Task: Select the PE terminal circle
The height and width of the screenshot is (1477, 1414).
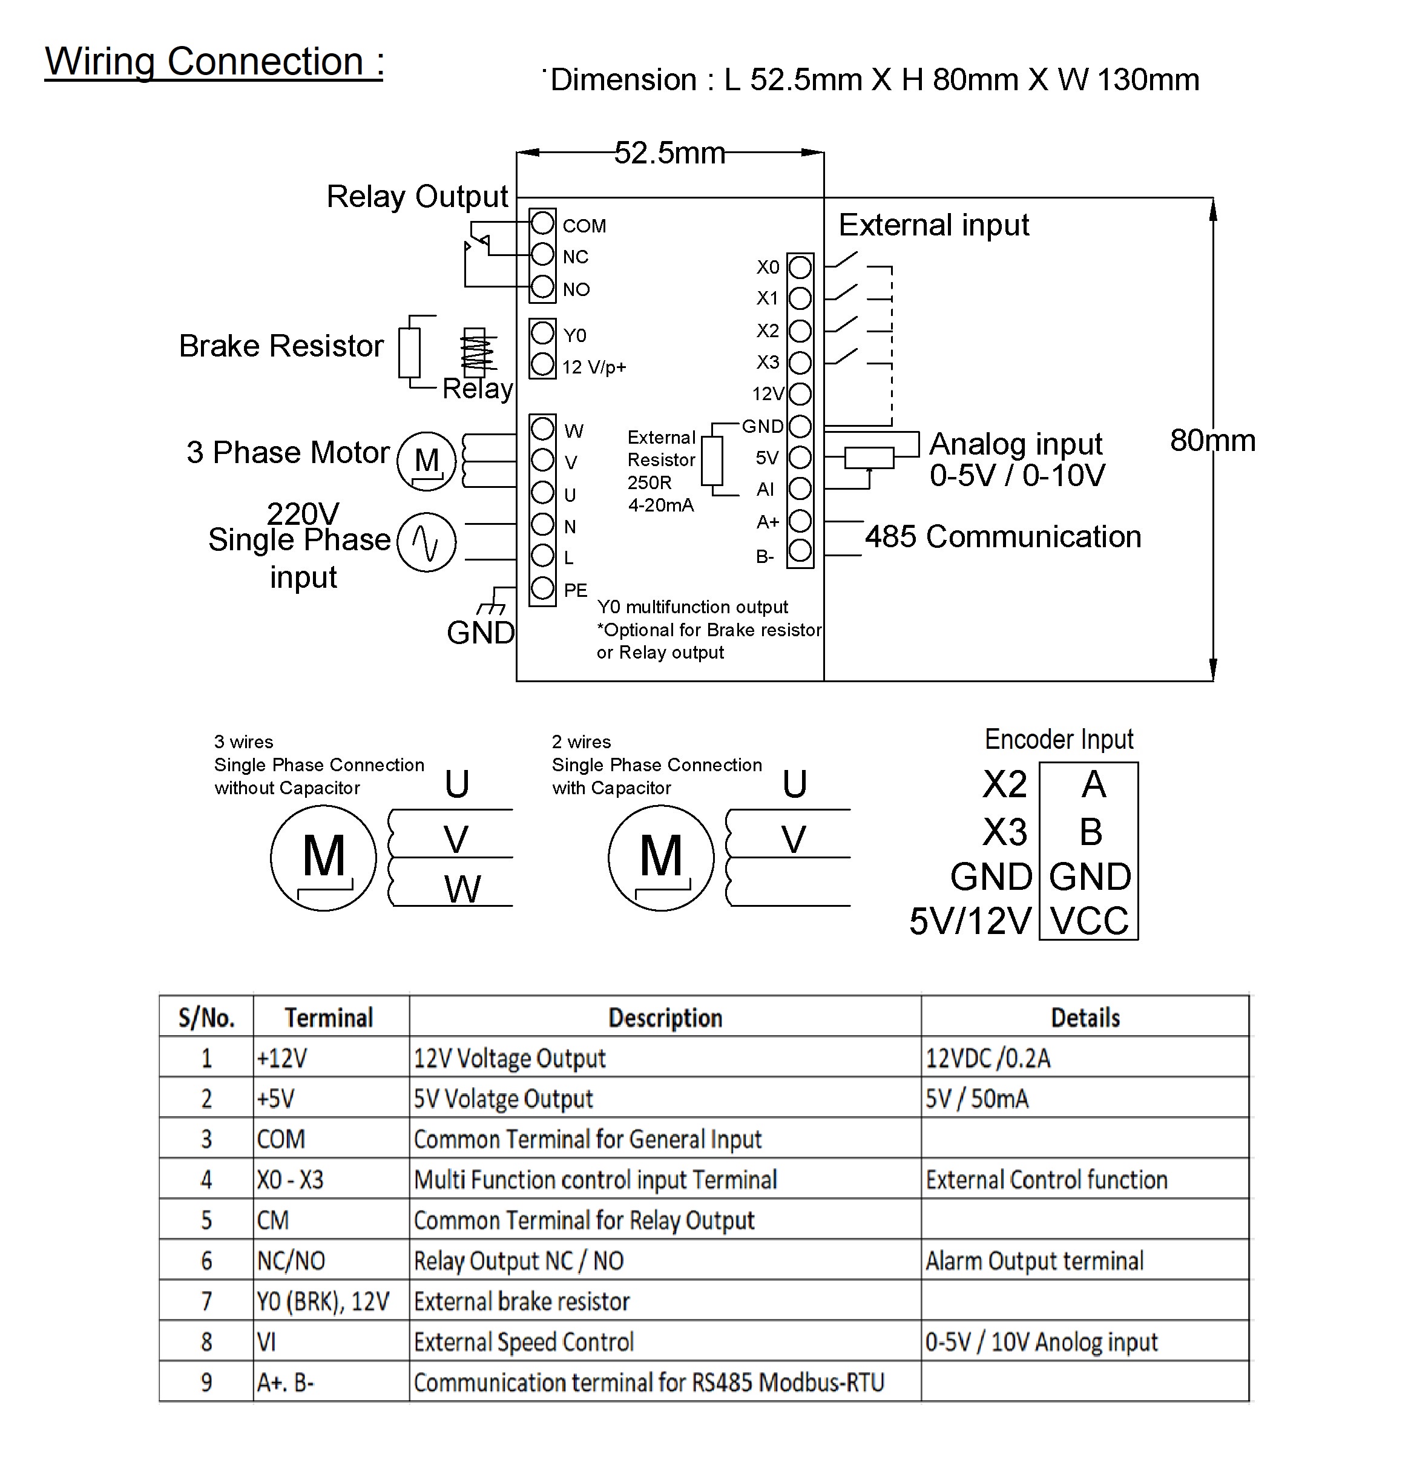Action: [x=543, y=588]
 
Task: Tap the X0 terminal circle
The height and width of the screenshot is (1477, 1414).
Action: [x=800, y=267]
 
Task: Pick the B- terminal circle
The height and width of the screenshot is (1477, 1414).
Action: [x=800, y=551]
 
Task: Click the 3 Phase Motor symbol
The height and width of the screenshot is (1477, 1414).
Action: [x=427, y=461]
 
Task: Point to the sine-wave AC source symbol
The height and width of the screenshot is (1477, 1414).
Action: [x=427, y=542]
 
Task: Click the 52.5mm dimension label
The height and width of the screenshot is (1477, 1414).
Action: [x=669, y=153]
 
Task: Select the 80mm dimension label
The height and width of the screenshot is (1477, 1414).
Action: [x=1213, y=440]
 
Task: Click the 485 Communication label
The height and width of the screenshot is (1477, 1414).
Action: [x=1003, y=536]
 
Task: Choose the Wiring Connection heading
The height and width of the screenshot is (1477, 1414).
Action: [x=215, y=61]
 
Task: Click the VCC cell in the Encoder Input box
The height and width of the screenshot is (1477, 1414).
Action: [x=1090, y=920]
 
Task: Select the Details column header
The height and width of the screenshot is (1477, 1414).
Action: [x=1085, y=1018]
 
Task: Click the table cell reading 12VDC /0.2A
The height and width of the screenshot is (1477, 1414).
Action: [x=987, y=1059]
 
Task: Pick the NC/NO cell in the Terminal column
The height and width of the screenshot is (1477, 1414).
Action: [x=291, y=1261]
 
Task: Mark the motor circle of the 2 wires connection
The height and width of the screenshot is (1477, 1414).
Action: [x=661, y=858]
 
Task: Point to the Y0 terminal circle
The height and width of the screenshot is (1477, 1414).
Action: [x=543, y=332]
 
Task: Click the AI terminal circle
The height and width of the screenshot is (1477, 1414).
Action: [x=800, y=488]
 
